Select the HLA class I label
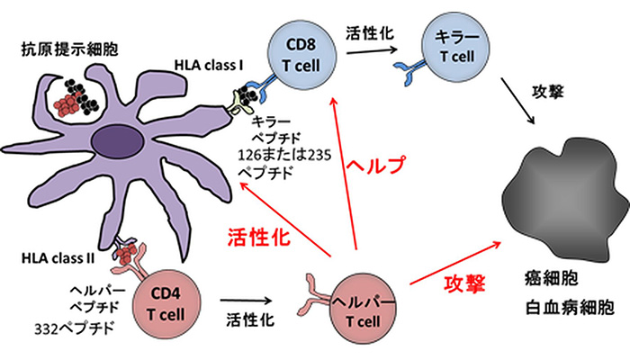click(x=212, y=67)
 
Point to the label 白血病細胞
click(x=570, y=308)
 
